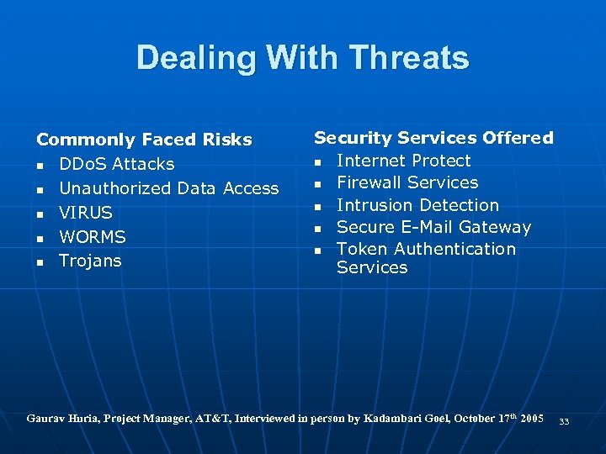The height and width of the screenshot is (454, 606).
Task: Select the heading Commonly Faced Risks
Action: pyautogui.click(x=144, y=140)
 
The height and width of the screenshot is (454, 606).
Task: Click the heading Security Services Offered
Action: pyautogui.click(x=433, y=138)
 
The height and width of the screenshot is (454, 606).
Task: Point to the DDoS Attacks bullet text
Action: pyautogui.click(x=116, y=164)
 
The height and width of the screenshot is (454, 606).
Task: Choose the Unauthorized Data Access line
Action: pyautogui.click(x=168, y=188)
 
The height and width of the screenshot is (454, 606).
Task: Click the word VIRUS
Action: pyautogui.click(x=85, y=213)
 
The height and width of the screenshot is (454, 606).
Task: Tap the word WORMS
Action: pyautogui.click(x=92, y=237)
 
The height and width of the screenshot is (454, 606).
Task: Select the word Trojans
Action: pyautogui.click(x=90, y=261)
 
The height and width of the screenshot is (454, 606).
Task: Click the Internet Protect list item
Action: pyautogui.click(x=403, y=161)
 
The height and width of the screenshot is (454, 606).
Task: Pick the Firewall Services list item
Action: pyautogui.click(x=407, y=182)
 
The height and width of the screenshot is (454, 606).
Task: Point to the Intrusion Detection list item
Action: pyautogui.click(x=417, y=205)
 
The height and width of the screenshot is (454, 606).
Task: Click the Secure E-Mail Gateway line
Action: pyautogui.click(x=433, y=227)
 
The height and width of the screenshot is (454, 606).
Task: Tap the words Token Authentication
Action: pyautogui.click(x=426, y=249)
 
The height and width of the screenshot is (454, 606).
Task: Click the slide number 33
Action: pyautogui.click(x=564, y=421)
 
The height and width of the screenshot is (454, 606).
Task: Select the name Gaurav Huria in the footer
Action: pyautogui.click(x=62, y=418)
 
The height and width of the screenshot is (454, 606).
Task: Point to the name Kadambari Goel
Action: pyautogui.click(x=408, y=418)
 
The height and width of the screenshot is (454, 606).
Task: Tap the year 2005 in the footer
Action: pyautogui.click(x=530, y=418)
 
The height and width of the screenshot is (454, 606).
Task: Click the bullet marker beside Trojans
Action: pyautogui.click(x=40, y=261)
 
